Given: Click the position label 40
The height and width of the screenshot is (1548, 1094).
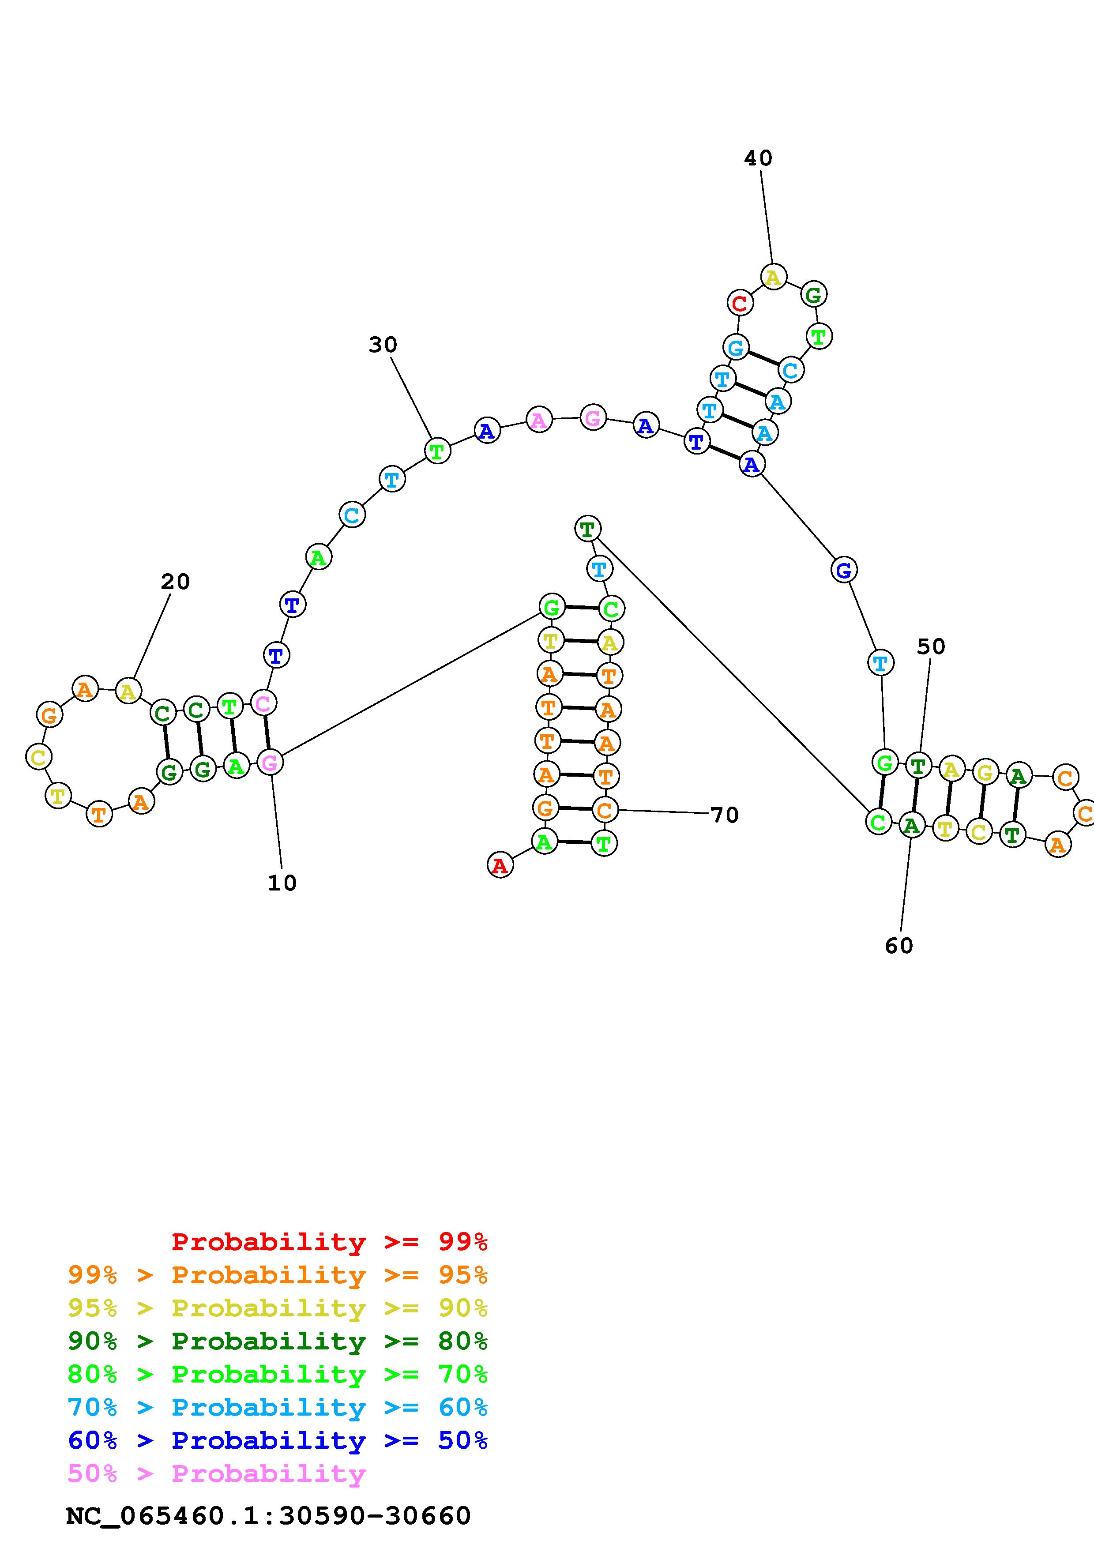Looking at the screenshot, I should click(758, 158).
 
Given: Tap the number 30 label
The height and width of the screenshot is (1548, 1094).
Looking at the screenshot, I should click(383, 345).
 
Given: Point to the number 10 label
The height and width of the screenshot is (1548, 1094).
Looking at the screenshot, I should click(282, 883).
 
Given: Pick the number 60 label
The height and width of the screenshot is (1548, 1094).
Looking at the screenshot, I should click(899, 946).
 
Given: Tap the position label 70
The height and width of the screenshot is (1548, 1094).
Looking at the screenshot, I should click(725, 815).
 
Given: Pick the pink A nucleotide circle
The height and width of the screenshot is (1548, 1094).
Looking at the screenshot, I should click(538, 420).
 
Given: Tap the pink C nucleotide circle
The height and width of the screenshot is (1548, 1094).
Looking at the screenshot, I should click(263, 703).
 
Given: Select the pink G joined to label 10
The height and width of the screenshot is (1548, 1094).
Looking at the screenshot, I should click(270, 763).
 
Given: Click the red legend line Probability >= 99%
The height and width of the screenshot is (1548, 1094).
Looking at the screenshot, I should click(329, 1241).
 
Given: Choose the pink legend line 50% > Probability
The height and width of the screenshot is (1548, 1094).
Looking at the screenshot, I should click(216, 1473).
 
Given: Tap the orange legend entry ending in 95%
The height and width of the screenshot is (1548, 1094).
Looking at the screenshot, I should click(278, 1275).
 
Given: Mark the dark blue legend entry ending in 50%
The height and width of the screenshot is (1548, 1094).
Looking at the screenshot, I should click(278, 1440).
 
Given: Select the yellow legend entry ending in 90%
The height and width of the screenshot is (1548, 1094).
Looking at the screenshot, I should click(278, 1308).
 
